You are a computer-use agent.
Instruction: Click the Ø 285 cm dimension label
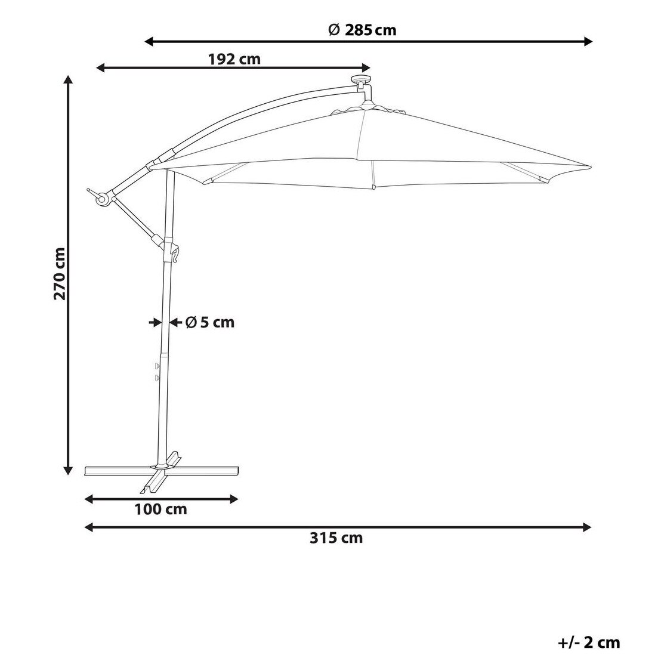tap(362, 30)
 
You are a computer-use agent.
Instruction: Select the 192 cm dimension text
tap(234, 59)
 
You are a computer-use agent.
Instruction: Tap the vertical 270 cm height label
tap(60, 274)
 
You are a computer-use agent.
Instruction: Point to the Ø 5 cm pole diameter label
tap(210, 323)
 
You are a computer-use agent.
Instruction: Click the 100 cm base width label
tap(160, 509)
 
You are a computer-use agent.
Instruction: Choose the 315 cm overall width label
tap(336, 538)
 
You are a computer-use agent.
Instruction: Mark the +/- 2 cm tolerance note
tap(589, 643)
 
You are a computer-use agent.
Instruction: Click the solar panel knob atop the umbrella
tap(362, 79)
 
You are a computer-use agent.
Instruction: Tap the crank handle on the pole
tap(175, 254)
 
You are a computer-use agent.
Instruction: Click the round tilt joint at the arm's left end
tap(103, 199)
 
